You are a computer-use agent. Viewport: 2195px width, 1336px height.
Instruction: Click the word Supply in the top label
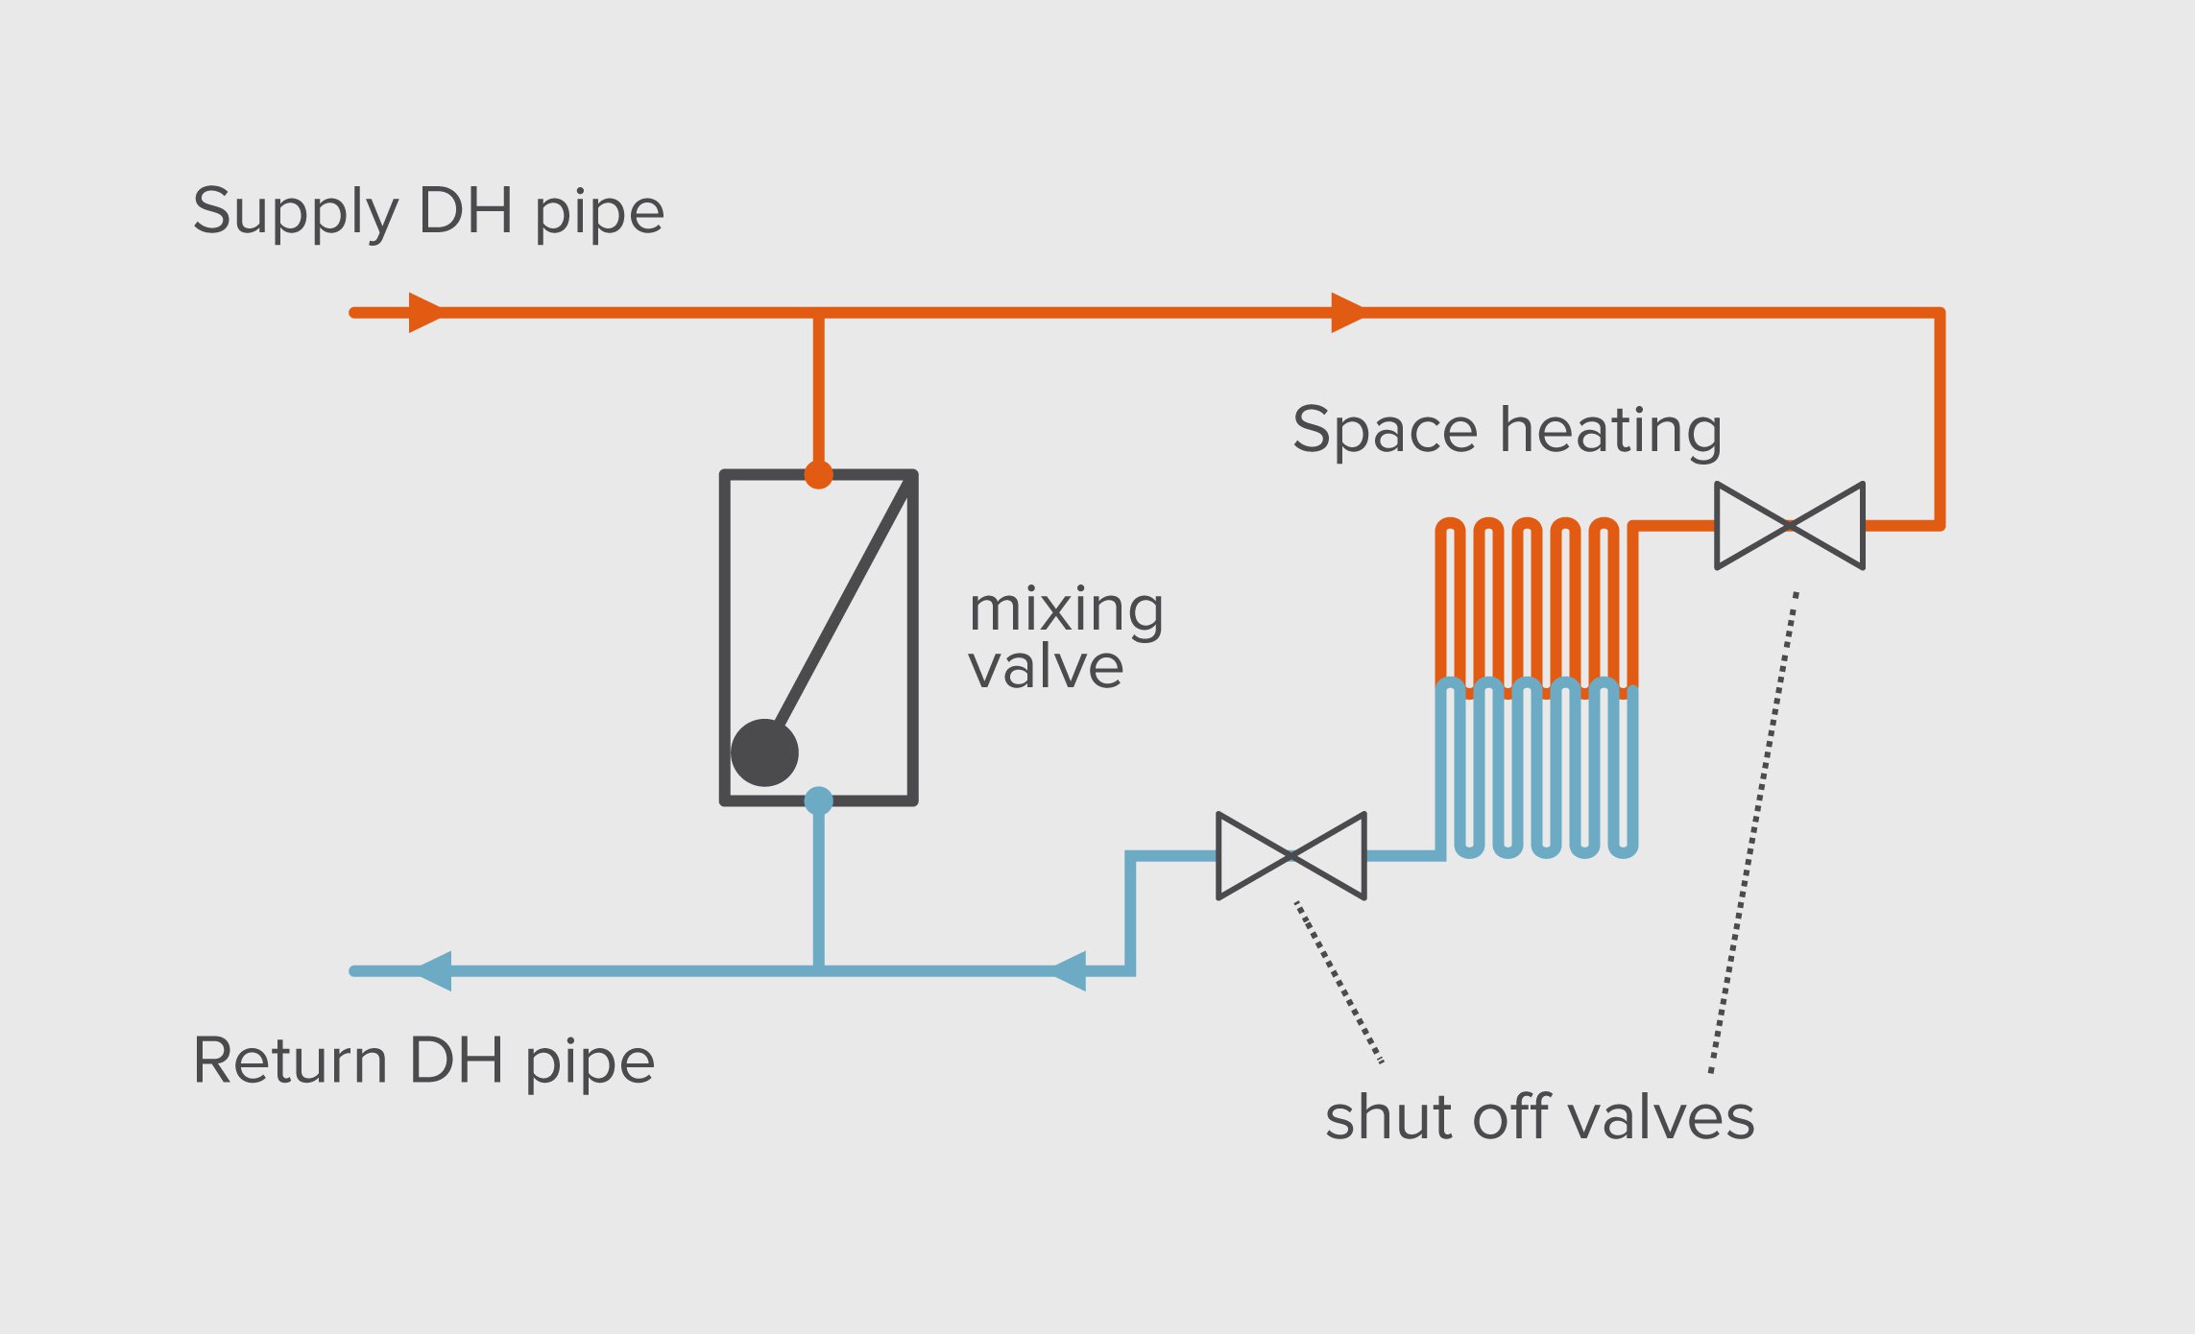pos(295,211)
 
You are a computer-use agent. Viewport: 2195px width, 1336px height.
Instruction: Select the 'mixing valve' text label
pos(1065,637)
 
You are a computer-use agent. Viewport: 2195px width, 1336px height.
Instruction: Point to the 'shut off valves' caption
pos(1539,1117)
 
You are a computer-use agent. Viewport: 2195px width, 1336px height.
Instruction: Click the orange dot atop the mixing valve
pos(818,474)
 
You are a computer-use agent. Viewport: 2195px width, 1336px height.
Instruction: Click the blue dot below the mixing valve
pos(818,800)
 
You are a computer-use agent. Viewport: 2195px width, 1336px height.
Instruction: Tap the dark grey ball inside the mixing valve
pos(764,752)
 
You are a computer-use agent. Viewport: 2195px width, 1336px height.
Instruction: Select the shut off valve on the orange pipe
pos(1790,526)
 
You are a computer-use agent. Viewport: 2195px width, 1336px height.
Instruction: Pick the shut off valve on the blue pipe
pos(1291,855)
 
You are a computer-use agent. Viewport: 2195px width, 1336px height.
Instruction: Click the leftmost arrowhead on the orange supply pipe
pos(424,313)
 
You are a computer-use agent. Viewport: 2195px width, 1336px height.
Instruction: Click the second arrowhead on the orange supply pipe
pos(1346,313)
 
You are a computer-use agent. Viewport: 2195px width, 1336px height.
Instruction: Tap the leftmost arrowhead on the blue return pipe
pos(435,971)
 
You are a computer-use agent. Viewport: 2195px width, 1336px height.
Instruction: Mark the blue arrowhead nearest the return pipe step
pos(1070,971)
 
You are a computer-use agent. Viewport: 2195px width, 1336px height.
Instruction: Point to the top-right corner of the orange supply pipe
pos(1940,313)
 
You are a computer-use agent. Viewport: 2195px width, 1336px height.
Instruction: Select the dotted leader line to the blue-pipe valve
pos(1339,982)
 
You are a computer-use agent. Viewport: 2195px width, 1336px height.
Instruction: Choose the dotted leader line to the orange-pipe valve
pos(1754,832)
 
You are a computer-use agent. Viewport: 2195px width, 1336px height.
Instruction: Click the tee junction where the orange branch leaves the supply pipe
pos(818,313)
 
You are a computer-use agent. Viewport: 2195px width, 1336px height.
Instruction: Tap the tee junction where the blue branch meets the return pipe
pos(818,971)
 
